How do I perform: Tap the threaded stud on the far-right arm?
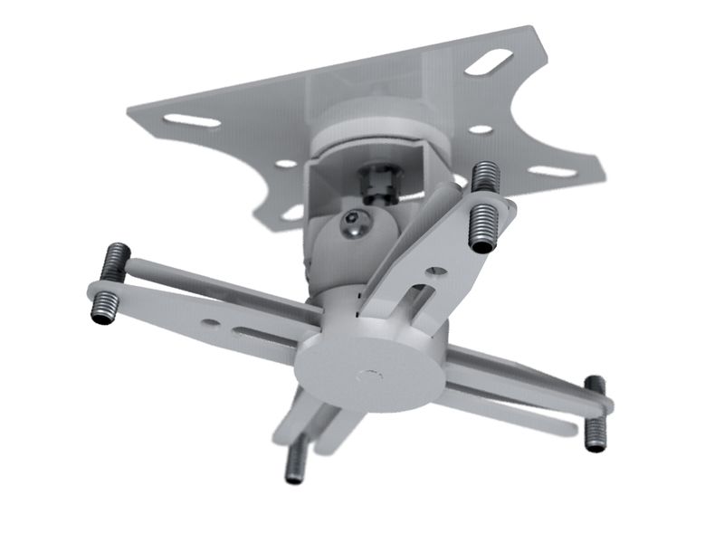(x=595, y=414)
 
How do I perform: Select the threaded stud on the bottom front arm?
(x=293, y=462)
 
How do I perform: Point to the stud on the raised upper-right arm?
(x=484, y=207)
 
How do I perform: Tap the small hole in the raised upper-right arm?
(x=437, y=269)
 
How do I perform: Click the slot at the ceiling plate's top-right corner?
(x=490, y=64)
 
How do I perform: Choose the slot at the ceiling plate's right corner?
(x=550, y=170)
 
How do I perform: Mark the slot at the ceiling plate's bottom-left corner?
(x=291, y=213)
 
